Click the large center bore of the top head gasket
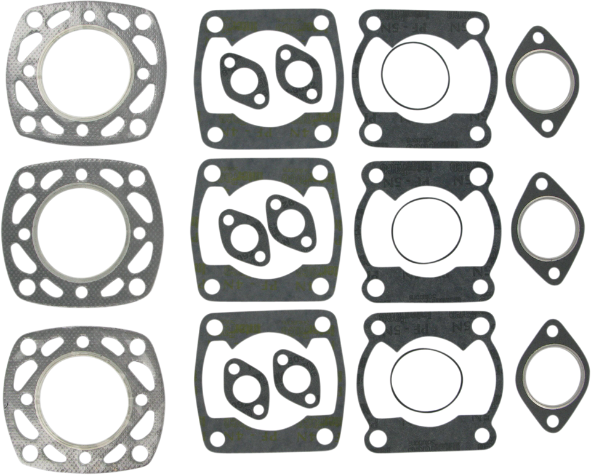pos(81,73)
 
